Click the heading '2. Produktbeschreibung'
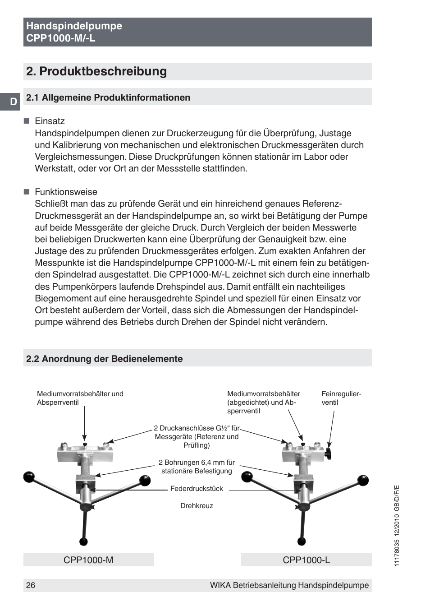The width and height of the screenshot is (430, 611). tap(96, 71)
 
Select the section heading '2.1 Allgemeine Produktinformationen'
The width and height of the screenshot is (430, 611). tap(108, 97)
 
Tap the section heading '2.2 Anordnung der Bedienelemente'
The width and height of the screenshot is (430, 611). tap(105, 359)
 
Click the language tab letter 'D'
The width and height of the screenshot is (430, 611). tap(13, 102)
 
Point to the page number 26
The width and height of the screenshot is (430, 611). tap(31, 585)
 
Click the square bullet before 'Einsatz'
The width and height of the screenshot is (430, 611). tap(27, 121)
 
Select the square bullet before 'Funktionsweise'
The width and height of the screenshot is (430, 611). tap(27, 192)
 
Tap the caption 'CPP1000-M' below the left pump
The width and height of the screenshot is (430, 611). tap(88, 560)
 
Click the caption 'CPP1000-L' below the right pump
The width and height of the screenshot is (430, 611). tap(306, 560)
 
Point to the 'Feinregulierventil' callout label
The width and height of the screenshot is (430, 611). tap(341, 398)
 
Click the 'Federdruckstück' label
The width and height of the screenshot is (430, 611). tap(197, 489)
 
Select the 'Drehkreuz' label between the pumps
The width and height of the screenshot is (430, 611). tap(197, 506)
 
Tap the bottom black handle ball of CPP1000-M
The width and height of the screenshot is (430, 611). tap(83, 542)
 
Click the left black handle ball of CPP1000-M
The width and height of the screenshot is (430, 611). tap(29, 477)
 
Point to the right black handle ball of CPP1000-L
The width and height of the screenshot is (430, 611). tap(363, 481)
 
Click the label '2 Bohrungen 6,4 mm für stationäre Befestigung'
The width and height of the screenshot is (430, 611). tap(197, 467)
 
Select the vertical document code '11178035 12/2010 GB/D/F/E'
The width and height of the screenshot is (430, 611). tap(397, 526)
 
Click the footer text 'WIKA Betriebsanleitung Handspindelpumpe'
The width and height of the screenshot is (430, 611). tap(289, 585)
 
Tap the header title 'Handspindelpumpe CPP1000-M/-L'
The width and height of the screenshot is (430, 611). tap(74, 32)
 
